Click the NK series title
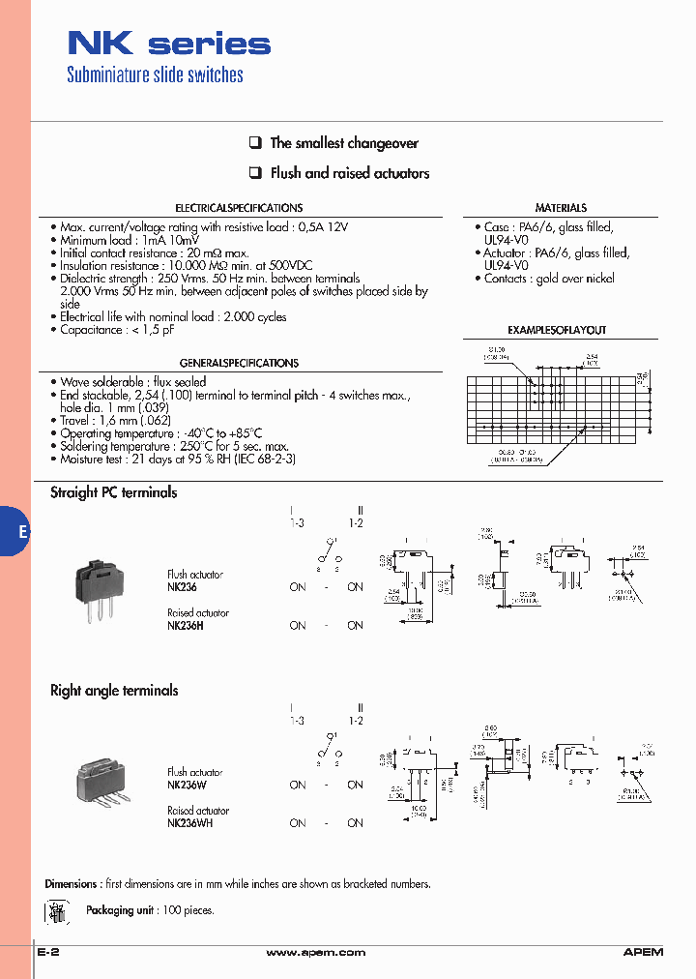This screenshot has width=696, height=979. click(x=168, y=44)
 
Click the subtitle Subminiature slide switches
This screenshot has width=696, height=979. click(x=155, y=75)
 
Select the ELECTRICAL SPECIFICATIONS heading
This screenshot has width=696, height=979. click(x=239, y=208)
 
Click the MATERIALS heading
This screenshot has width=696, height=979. click(x=561, y=208)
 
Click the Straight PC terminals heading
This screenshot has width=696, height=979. click(x=114, y=492)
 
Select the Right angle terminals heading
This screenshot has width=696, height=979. click(x=114, y=691)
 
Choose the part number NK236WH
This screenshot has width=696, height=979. click(x=189, y=823)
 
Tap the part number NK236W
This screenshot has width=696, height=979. click(x=187, y=785)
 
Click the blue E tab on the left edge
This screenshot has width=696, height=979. click(x=17, y=531)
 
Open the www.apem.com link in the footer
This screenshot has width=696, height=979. click(x=315, y=953)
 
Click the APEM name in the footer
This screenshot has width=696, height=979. click(x=643, y=953)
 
